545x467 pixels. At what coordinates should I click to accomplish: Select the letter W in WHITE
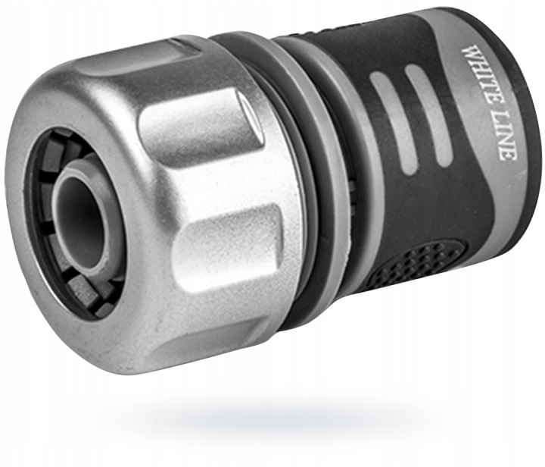pyautogui.click(x=469, y=52)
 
